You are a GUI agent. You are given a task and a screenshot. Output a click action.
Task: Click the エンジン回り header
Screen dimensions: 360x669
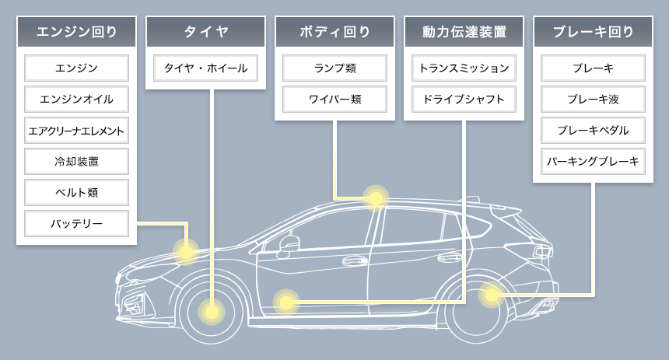[x=76, y=32]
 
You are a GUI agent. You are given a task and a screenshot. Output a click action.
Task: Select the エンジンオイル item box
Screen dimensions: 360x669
[x=76, y=100]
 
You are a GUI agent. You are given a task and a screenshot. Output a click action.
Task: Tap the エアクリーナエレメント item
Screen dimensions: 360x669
[x=76, y=131]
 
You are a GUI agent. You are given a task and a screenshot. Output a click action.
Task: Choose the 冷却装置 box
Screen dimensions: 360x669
[x=76, y=162]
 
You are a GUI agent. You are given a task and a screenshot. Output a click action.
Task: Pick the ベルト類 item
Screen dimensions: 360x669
[x=76, y=193]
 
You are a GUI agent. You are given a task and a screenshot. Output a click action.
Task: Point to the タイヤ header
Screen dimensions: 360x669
[x=205, y=32]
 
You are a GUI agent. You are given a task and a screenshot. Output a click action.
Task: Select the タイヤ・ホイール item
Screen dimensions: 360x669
[x=205, y=68]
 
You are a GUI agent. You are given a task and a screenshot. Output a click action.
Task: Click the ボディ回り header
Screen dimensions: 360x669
[x=334, y=32]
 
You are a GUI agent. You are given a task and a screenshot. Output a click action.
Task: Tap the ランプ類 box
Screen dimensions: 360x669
[x=334, y=68]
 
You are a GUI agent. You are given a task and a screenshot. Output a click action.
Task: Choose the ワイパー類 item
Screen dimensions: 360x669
[x=334, y=100]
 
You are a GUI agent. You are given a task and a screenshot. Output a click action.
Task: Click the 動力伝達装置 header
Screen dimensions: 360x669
[x=464, y=32]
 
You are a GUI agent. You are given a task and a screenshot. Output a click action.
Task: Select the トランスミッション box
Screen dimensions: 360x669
[x=464, y=68]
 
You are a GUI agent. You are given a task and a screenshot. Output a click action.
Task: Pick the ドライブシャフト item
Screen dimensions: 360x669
[x=464, y=100]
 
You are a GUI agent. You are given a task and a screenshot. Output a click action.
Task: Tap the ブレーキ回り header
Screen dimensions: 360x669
[x=593, y=32]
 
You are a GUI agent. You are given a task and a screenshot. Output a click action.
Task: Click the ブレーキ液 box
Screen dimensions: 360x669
[x=593, y=100]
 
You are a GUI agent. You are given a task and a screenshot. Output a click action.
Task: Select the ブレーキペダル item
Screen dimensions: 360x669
[x=593, y=131]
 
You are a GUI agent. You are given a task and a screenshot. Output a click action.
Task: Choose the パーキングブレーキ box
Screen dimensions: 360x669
[x=593, y=162]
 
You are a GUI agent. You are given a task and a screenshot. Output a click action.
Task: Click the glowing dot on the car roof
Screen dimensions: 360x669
[x=376, y=197]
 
